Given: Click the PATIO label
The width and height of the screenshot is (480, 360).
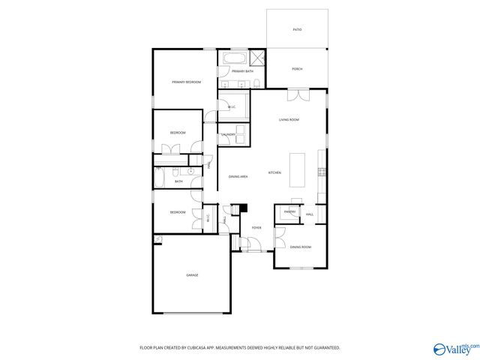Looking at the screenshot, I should [x=297, y=29].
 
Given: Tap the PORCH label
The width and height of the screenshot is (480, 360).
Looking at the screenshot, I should [x=297, y=70].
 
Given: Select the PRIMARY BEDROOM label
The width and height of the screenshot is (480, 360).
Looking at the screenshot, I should [x=186, y=82].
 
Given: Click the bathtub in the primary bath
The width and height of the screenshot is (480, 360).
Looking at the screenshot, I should [x=232, y=58].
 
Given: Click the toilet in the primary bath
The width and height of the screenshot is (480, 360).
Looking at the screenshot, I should [x=256, y=82].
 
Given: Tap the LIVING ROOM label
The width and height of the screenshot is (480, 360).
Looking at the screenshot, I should [x=289, y=120].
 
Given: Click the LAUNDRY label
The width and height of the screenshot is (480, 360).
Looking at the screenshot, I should [x=228, y=135].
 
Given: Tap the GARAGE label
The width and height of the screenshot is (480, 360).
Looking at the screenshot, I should [x=192, y=276].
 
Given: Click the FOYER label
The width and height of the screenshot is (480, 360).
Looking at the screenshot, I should [x=256, y=226].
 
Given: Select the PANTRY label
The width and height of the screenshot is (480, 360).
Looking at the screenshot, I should [x=289, y=212].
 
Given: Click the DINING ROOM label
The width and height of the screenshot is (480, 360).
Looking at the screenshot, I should [x=301, y=247].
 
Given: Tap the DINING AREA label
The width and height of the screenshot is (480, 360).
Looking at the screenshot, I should [x=238, y=176].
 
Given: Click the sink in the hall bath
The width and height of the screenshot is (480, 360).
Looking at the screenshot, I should [x=192, y=172].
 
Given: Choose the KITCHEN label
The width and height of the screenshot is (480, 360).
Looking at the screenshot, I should [x=274, y=173].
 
